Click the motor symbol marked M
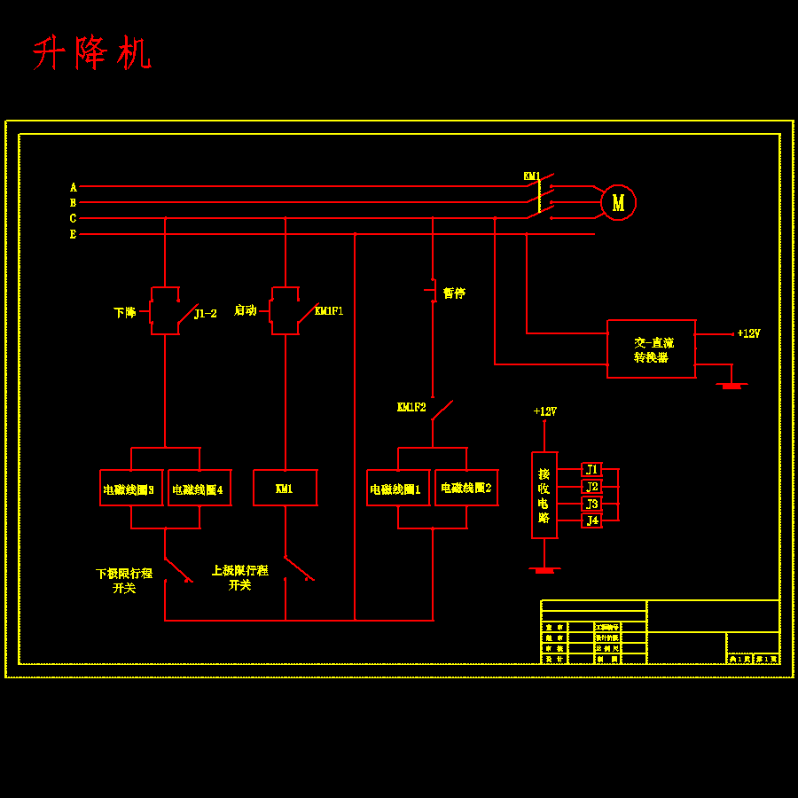(x=618, y=202)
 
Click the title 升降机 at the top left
(x=92, y=54)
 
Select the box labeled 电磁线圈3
(x=131, y=488)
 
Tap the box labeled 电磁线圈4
(x=199, y=488)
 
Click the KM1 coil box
(x=285, y=488)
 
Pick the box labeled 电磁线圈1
(x=398, y=488)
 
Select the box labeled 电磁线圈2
(x=466, y=488)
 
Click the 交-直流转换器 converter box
(x=651, y=348)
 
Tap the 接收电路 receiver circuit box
(x=544, y=495)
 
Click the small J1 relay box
(x=591, y=469)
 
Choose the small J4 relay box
(x=591, y=520)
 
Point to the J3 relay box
(x=591, y=504)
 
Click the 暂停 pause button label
(x=454, y=293)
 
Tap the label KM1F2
(x=411, y=407)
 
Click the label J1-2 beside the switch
(x=205, y=313)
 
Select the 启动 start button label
(x=245, y=310)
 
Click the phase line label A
(x=74, y=187)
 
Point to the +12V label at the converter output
(x=748, y=333)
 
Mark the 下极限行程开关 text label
(x=124, y=581)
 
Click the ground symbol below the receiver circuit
(x=544, y=570)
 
